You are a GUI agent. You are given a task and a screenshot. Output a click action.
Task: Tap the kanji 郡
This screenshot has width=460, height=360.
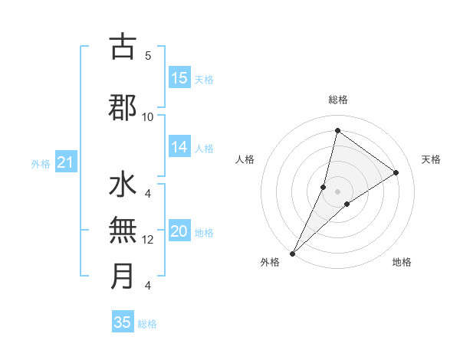[x=123, y=107]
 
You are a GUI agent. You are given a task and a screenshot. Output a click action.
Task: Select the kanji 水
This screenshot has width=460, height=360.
[x=123, y=186]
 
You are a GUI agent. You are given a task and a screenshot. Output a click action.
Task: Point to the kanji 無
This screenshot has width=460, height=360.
[x=123, y=230]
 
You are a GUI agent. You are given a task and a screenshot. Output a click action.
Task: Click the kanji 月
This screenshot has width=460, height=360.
[x=123, y=277]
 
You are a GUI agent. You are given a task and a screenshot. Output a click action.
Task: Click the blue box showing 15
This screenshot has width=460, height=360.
[x=179, y=77]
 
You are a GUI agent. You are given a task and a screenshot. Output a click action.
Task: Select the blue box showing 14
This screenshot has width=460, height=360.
[x=179, y=148]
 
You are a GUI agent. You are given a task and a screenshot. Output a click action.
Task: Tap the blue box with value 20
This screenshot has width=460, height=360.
[x=179, y=232]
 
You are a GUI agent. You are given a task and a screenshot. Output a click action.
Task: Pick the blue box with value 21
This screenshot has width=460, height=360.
[x=66, y=162]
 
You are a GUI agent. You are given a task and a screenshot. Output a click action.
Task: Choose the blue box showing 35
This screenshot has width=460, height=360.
[x=123, y=322]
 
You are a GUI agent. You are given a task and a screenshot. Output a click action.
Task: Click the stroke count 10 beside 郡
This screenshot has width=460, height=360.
[x=148, y=116]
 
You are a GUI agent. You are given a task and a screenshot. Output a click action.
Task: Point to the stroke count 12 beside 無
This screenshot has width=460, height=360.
[x=148, y=240]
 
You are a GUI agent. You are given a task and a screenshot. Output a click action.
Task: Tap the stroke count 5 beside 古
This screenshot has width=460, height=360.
[x=148, y=55]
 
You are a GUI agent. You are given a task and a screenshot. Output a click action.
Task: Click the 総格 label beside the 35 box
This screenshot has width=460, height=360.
[x=147, y=324]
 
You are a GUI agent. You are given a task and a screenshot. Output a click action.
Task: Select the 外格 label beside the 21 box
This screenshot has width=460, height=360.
[x=41, y=163]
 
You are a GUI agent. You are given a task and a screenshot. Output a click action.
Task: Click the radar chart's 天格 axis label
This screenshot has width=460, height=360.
[x=431, y=159]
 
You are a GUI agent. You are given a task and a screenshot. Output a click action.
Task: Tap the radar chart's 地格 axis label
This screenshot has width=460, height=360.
[x=402, y=262]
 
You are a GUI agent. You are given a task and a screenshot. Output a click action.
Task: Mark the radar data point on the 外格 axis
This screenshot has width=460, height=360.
[x=292, y=253]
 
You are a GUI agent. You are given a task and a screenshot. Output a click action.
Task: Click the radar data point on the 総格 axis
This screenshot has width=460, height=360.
[x=337, y=130]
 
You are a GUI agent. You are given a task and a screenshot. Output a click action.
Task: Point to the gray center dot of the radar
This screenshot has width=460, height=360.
[x=337, y=191]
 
